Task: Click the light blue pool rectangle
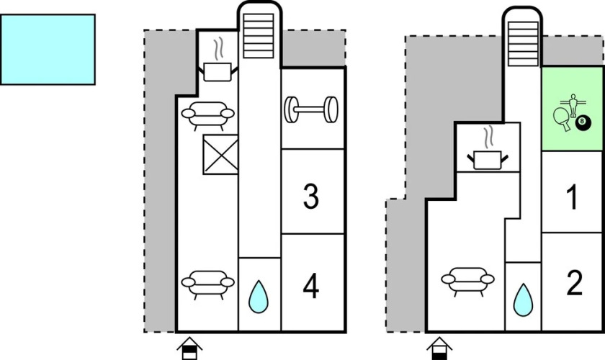coord(48,49)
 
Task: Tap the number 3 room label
coord(310,196)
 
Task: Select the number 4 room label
coord(310,287)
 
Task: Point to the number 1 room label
coord(573,197)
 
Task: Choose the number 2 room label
coord(574,284)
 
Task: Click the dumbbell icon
coord(312,110)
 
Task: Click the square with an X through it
coord(220,155)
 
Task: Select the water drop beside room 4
coord(259,295)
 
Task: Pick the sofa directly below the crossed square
coord(207,282)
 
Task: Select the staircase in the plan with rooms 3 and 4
coord(259,36)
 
